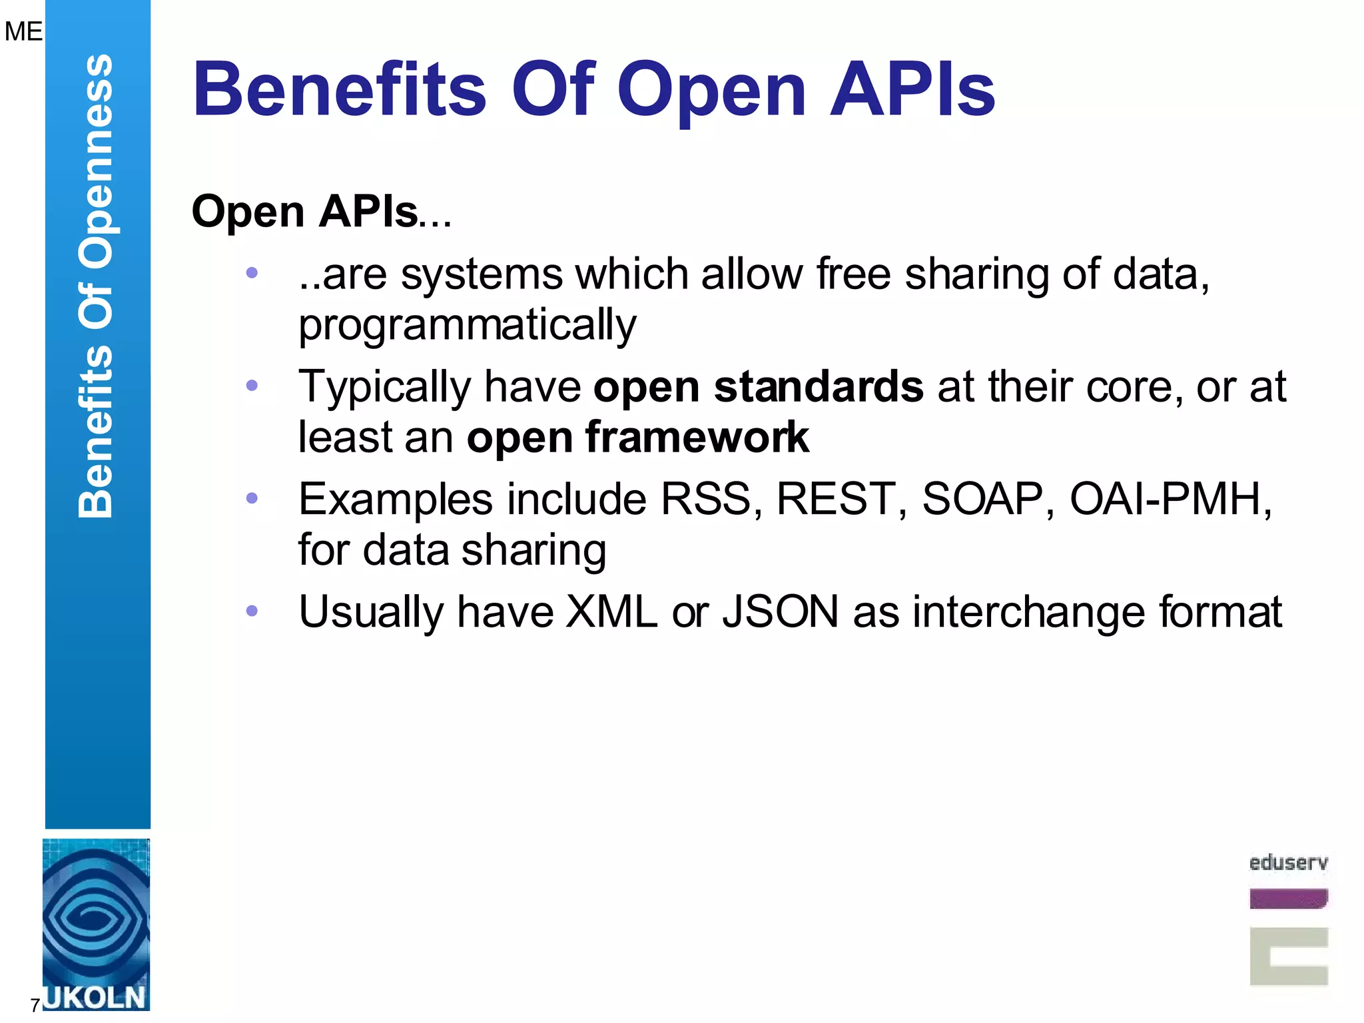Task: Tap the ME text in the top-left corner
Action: (x=23, y=31)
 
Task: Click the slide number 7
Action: (x=35, y=1005)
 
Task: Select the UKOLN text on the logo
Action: (x=95, y=998)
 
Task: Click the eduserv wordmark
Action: (x=1288, y=863)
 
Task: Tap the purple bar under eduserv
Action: (x=1288, y=898)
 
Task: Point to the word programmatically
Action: (x=467, y=325)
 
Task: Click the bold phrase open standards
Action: (x=758, y=387)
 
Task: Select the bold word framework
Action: (x=697, y=438)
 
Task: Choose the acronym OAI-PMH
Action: (x=1170, y=499)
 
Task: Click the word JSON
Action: (x=780, y=612)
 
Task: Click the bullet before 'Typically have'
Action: (x=252, y=385)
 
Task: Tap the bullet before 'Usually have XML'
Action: (x=252, y=611)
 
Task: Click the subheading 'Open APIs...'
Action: (x=321, y=212)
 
